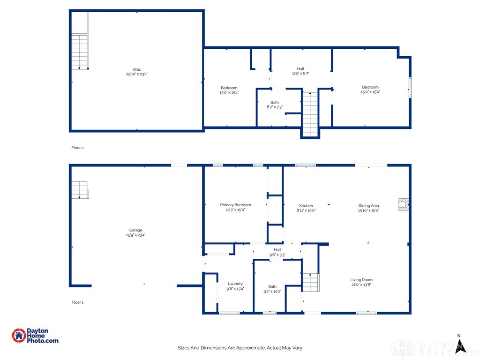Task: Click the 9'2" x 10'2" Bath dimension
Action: [272, 292]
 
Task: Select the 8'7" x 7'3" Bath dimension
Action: [275, 107]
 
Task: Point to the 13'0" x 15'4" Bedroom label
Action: [229, 90]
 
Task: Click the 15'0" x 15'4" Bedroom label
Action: [370, 90]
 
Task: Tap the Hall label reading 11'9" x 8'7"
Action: [300, 71]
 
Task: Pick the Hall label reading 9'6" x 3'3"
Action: [277, 252]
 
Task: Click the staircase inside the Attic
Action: [80, 52]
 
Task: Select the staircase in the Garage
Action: [80, 190]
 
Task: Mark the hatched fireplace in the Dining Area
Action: [404, 204]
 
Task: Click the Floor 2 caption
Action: [77, 148]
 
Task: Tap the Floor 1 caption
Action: [77, 302]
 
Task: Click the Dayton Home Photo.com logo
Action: [35, 336]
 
